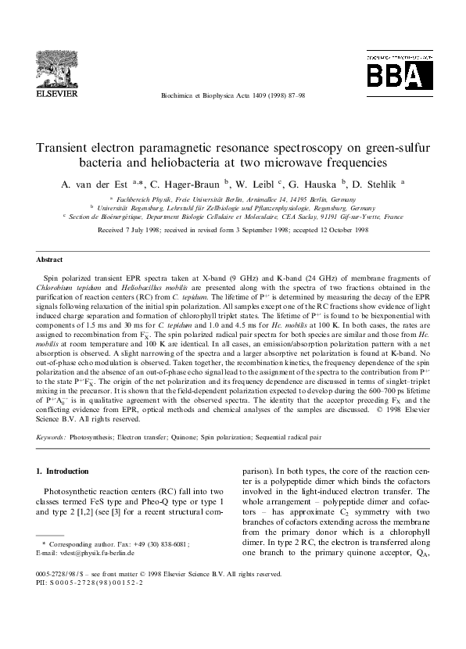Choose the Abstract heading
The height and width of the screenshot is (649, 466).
point(51,259)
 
